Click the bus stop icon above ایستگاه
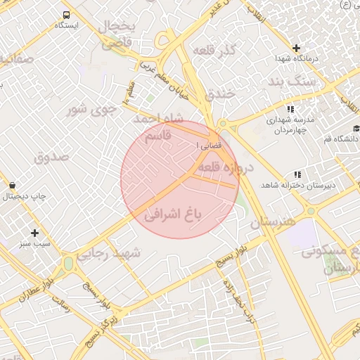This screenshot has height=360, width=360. (66, 15)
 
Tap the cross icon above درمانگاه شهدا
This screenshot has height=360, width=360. (296, 48)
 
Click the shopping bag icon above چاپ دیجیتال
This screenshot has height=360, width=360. (13, 186)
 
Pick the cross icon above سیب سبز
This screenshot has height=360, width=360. (34, 232)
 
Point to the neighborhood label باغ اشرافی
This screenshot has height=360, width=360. (173, 214)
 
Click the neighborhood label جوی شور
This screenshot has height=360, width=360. (89, 110)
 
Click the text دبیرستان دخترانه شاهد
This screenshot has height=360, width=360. (289, 184)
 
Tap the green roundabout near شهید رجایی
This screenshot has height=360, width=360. (68, 263)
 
